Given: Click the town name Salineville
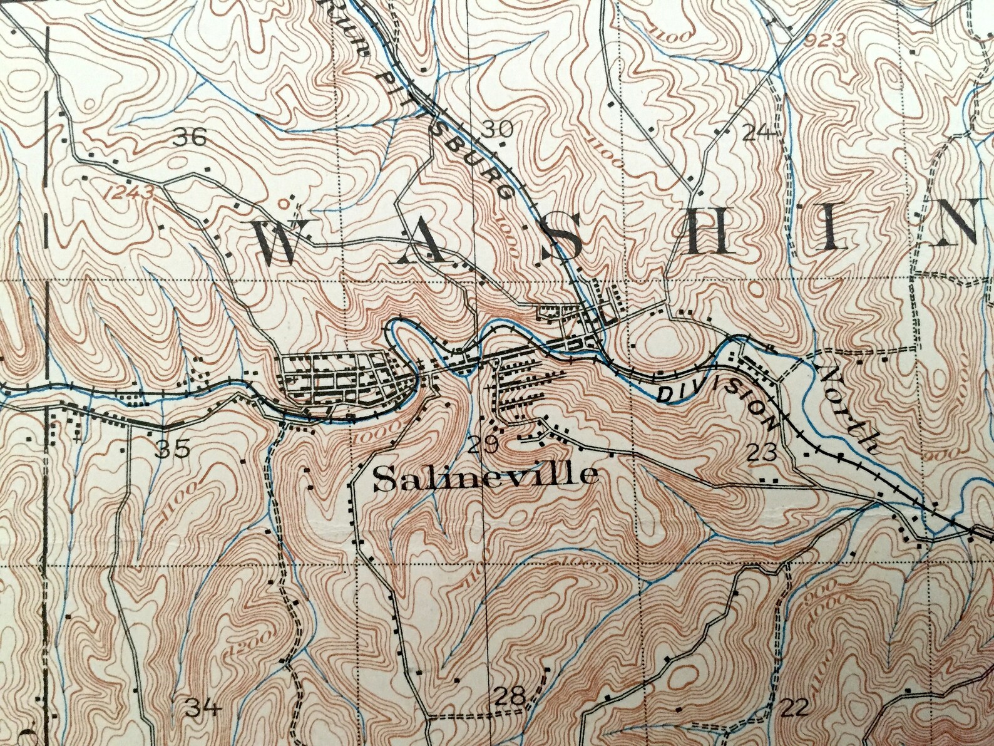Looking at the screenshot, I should pyautogui.click(x=484, y=477).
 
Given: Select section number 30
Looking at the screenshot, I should pyautogui.click(x=498, y=129).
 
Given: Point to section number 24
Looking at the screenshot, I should pyautogui.click(x=757, y=132).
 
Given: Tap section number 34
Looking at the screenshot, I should pyautogui.click(x=203, y=708).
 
